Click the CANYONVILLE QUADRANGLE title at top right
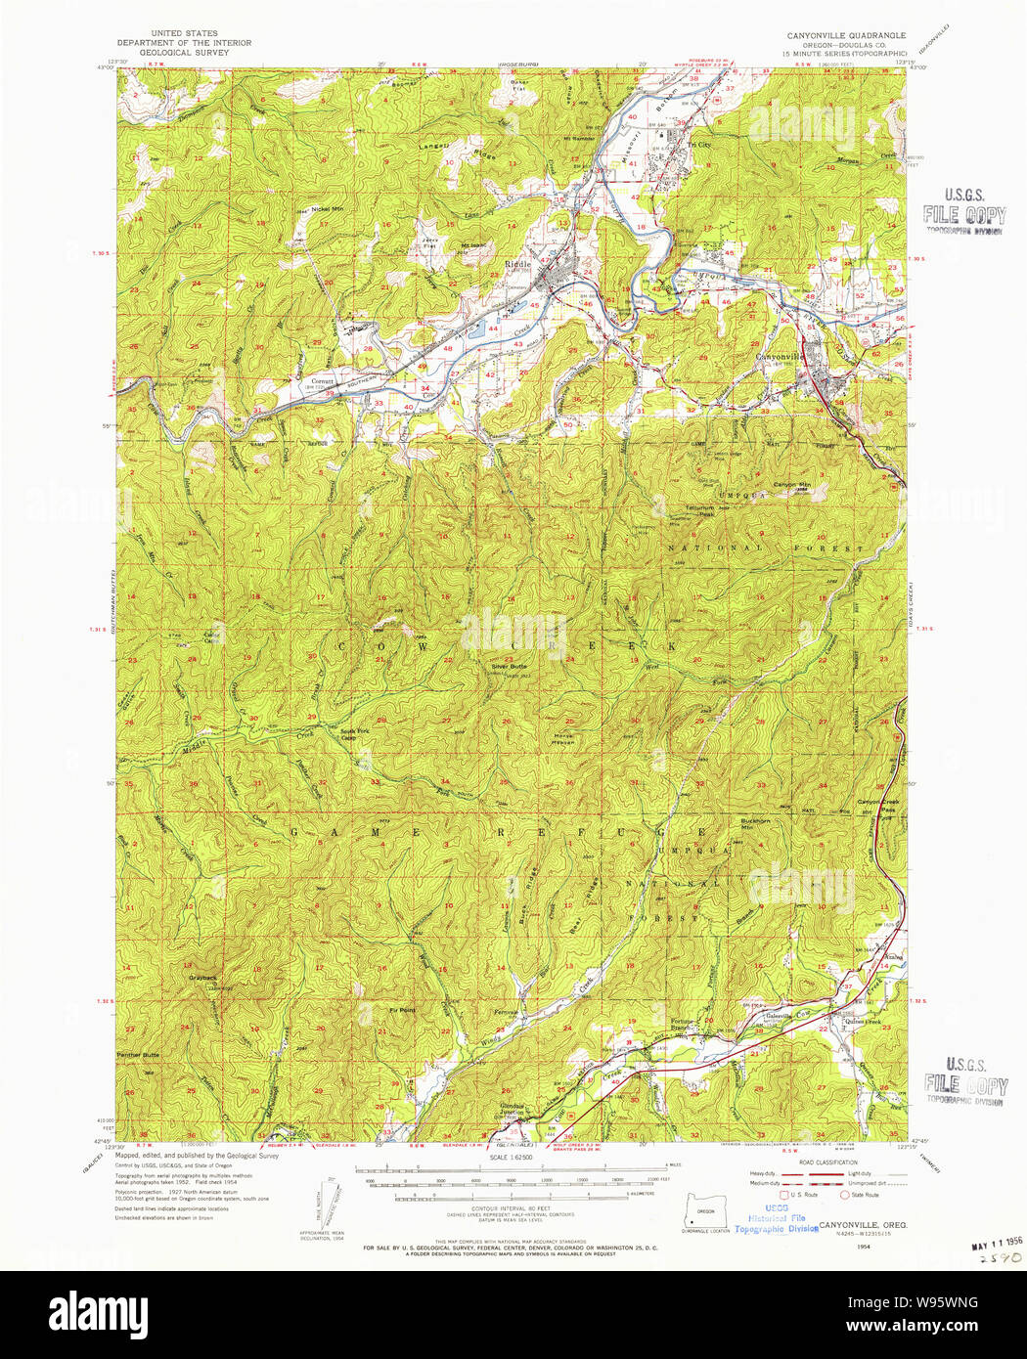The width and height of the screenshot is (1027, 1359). pyautogui.click(x=846, y=35)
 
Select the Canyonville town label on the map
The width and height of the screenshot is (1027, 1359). pyautogui.click(x=780, y=357)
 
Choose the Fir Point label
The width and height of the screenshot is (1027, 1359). pyautogui.click(x=401, y=1010)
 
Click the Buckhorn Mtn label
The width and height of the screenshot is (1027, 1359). pyautogui.click(x=755, y=823)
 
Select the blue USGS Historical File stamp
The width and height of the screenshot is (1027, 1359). pyautogui.click(x=776, y=1223)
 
